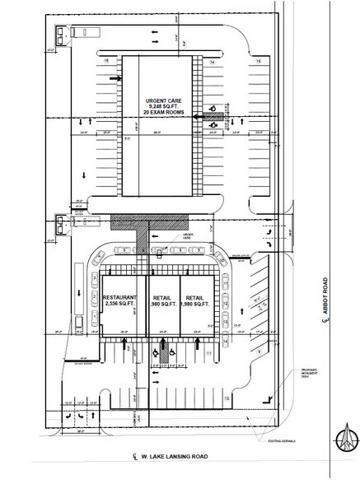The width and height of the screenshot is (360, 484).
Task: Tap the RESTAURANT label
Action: [122, 297]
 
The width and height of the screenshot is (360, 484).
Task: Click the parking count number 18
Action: [106, 62]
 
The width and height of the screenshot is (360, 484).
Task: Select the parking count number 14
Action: [212, 63]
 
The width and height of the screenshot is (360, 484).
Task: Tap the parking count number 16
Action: [258, 63]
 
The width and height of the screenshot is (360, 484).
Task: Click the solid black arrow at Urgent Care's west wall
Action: [119, 79]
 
